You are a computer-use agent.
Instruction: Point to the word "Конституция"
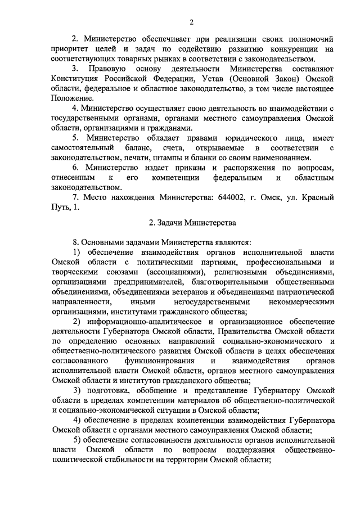tap(77, 79)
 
